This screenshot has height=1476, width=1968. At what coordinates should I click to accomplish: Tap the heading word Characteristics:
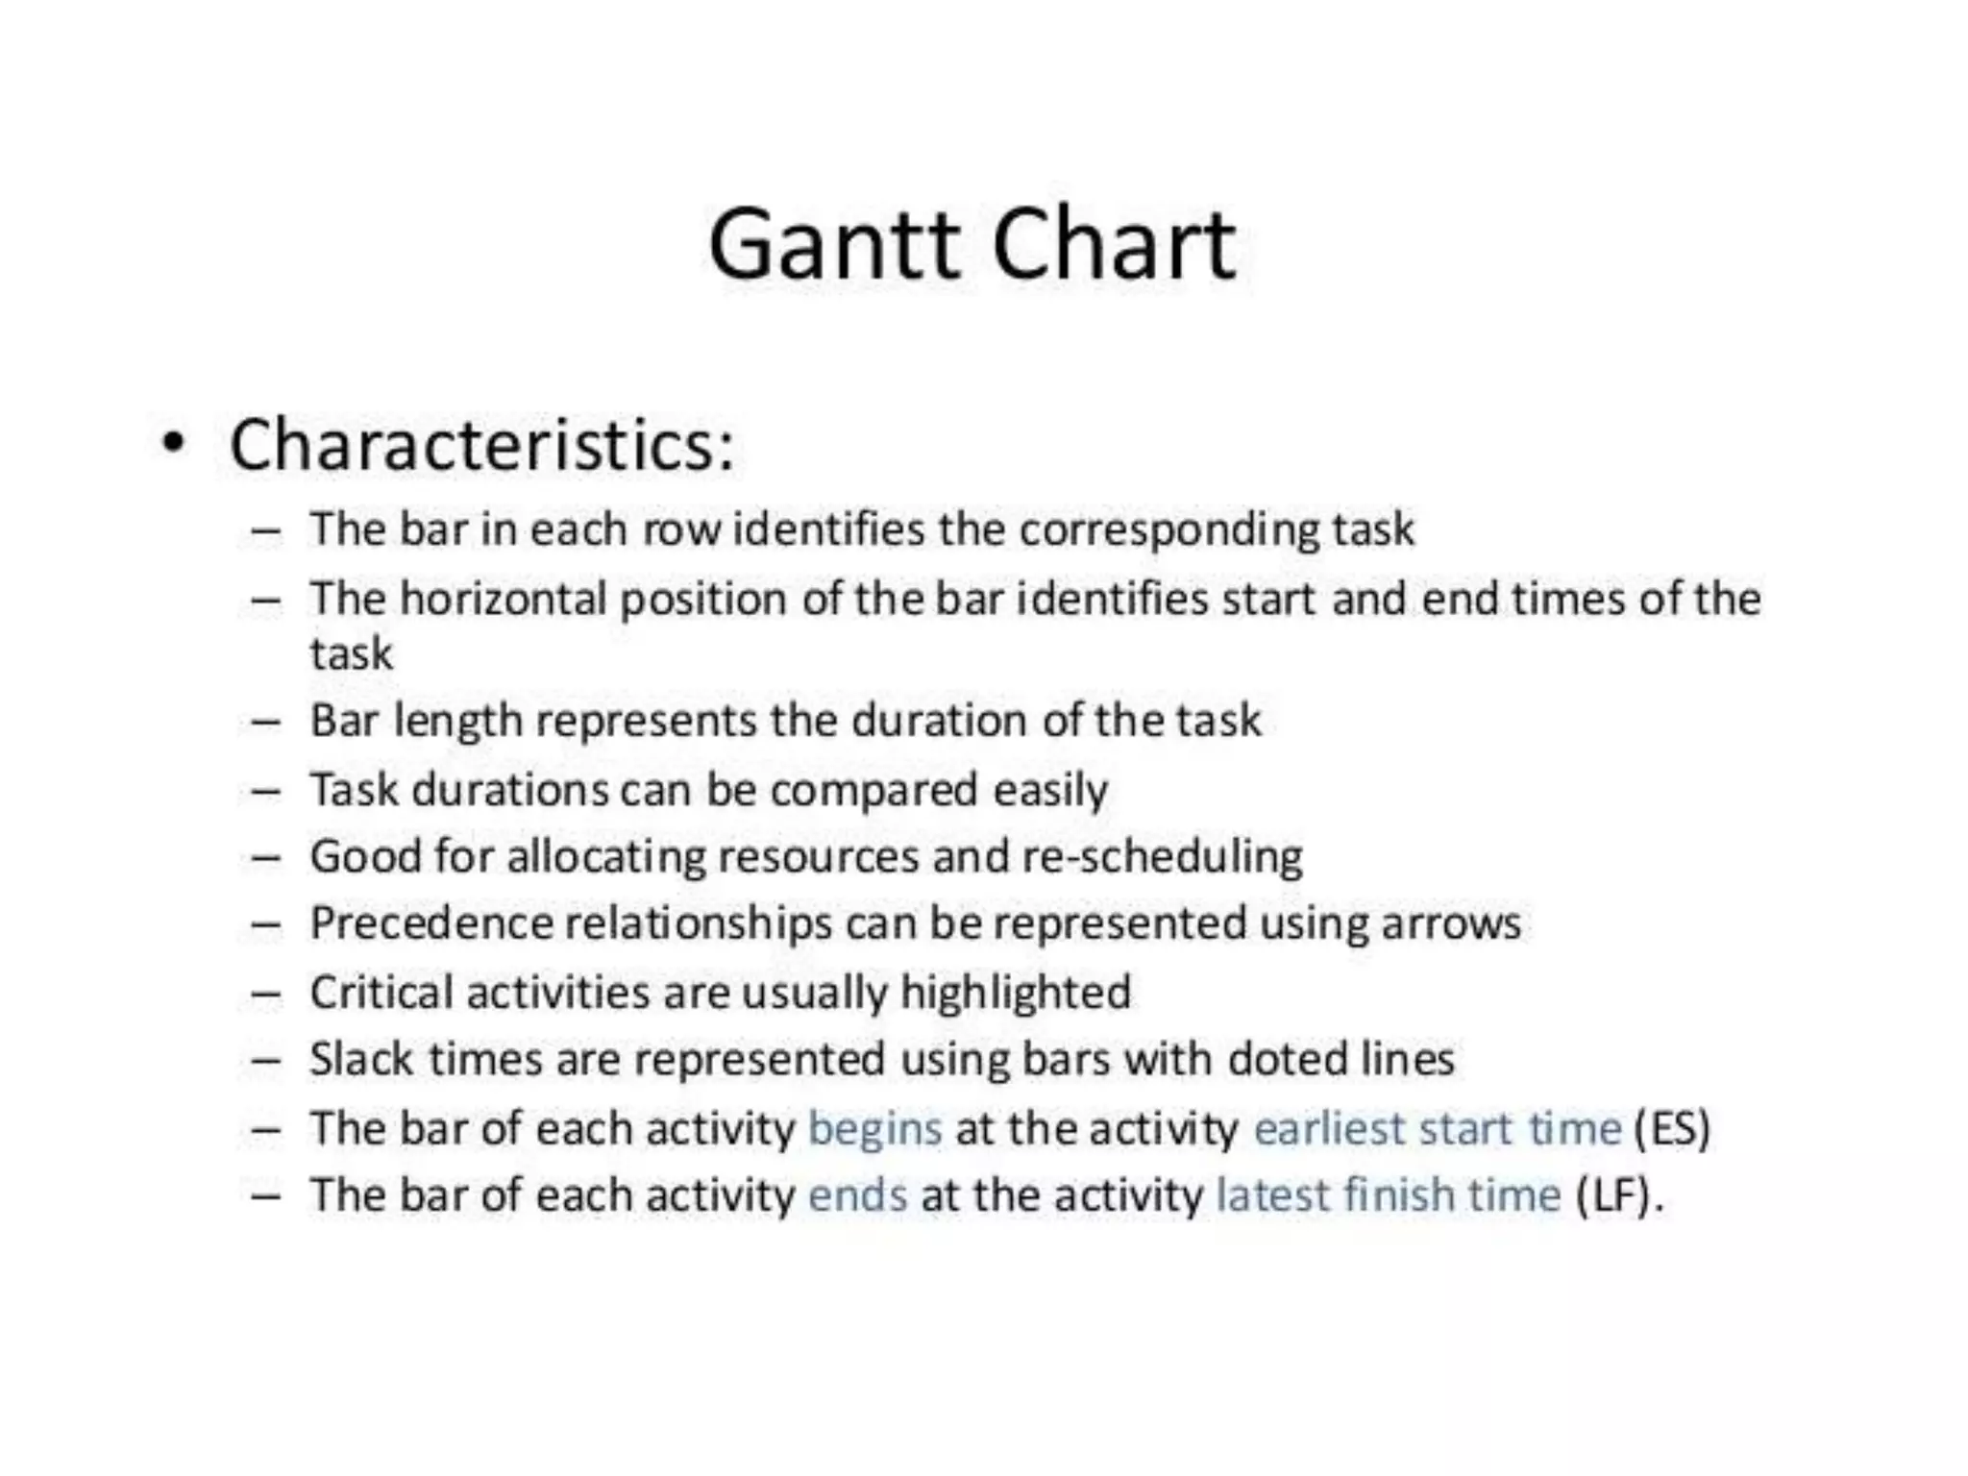[481, 445]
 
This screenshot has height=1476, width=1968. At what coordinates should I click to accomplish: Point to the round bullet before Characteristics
[172, 444]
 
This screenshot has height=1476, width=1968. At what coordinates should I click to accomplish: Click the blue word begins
[874, 1128]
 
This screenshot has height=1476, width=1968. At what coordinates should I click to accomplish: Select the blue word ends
[857, 1195]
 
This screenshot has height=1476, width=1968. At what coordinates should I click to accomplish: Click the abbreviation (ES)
[1672, 1128]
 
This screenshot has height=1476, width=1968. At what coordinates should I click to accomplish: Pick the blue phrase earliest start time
[1438, 1128]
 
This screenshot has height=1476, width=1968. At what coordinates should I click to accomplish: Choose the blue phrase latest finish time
[1389, 1195]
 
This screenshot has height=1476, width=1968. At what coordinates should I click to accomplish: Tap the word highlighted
[1016, 993]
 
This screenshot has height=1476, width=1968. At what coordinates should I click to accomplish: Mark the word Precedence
[430, 923]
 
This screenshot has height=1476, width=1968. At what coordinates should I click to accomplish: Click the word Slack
[361, 1060]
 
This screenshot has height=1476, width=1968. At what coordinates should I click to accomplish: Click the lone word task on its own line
[351, 654]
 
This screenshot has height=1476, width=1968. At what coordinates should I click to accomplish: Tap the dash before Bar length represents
[266, 721]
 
